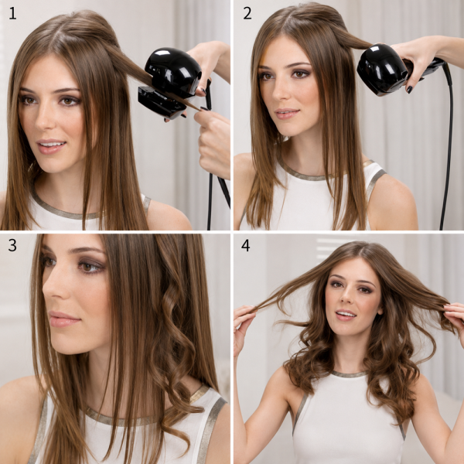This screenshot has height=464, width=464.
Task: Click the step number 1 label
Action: pyautogui.click(x=12, y=14)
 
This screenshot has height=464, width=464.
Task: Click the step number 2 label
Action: pyautogui.click(x=247, y=14)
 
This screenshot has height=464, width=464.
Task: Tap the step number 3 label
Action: pyautogui.click(x=12, y=245)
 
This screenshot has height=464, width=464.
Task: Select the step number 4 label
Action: pyautogui.click(x=246, y=245)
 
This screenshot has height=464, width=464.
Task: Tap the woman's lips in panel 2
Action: pyautogui.click(x=286, y=114)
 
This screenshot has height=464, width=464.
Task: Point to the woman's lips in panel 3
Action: pyautogui.click(x=63, y=319)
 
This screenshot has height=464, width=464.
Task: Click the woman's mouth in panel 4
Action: pyautogui.click(x=345, y=315)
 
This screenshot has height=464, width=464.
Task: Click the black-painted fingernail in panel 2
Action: pyautogui.click(x=410, y=90)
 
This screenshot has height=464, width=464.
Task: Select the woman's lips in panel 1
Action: pyautogui.click(x=51, y=146)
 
